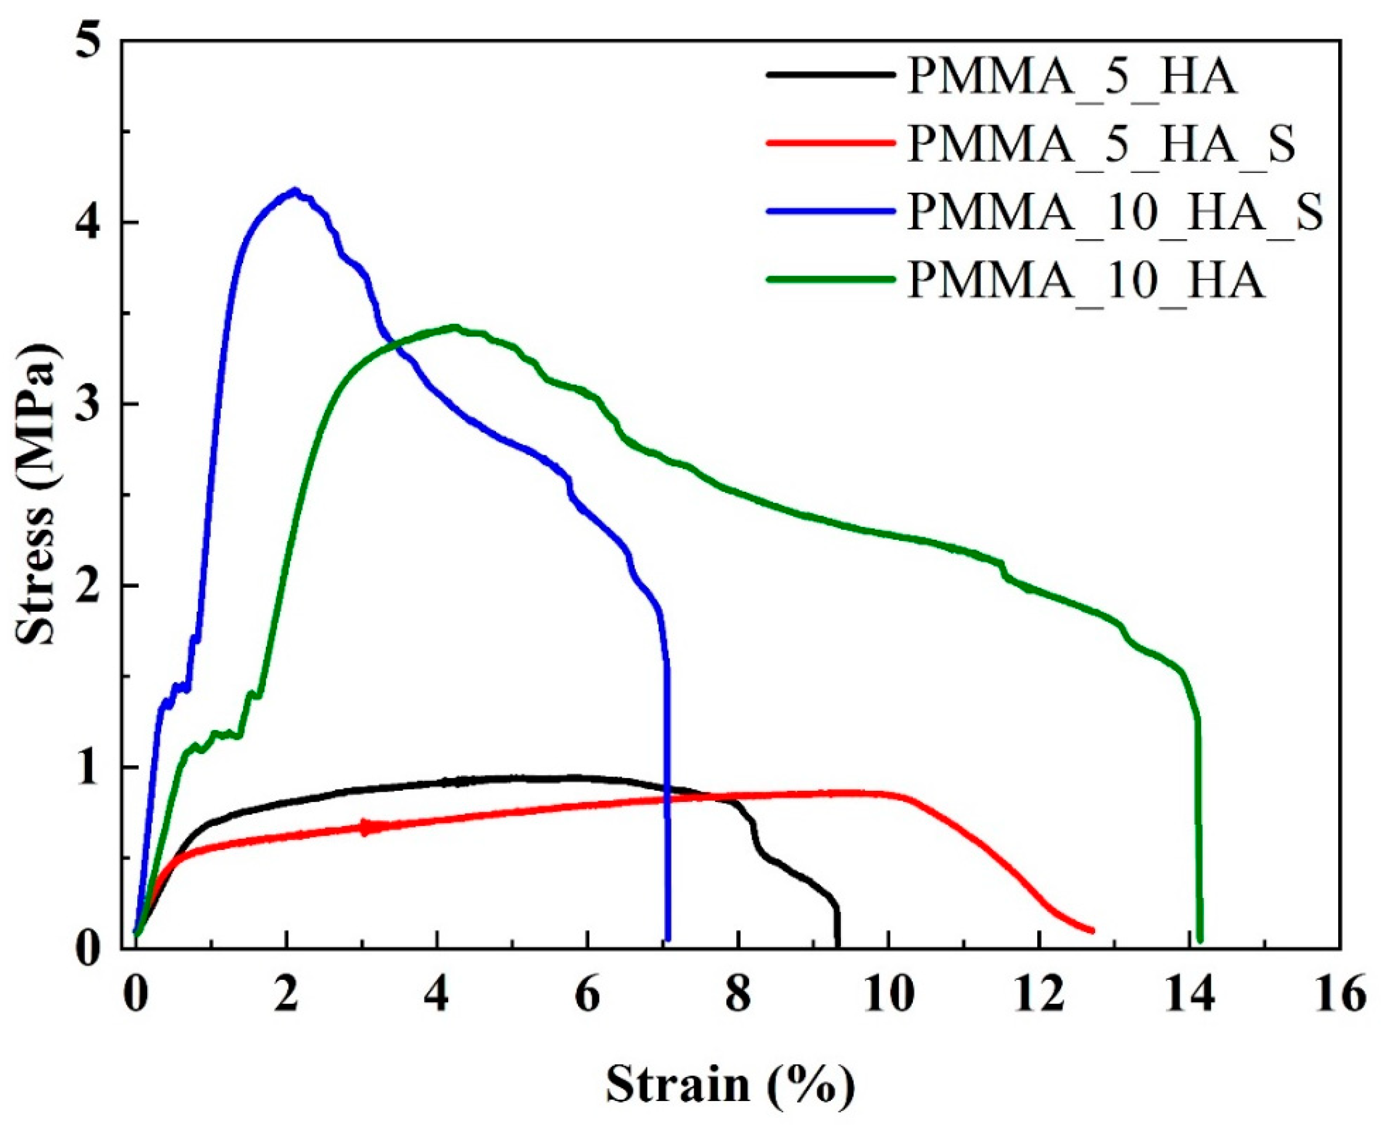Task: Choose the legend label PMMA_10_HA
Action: point(1086,281)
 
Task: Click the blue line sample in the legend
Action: point(831,212)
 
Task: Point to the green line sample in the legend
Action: point(831,279)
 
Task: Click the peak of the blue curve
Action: point(295,191)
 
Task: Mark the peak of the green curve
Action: point(455,327)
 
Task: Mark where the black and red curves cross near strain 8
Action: point(712,796)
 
